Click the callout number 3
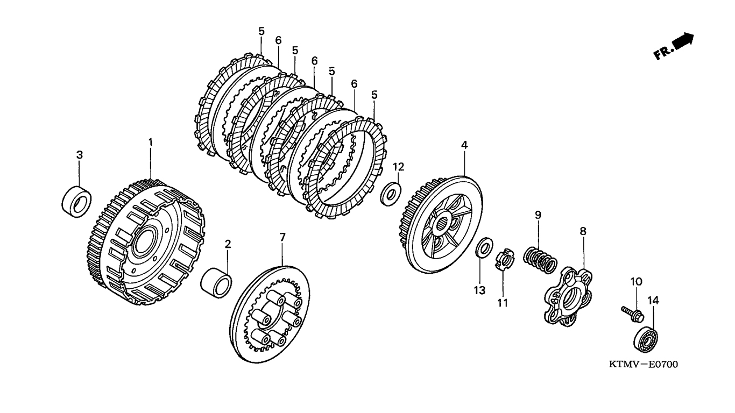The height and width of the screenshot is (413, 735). click(79, 155)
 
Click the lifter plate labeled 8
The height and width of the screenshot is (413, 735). click(567, 294)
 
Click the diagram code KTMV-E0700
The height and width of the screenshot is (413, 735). click(643, 365)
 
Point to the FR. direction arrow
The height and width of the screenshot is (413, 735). click(674, 46)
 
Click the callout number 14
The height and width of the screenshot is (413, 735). click(653, 300)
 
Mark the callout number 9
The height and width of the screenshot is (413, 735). click(538, 215)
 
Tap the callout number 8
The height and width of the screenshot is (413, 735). click(583, 231)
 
